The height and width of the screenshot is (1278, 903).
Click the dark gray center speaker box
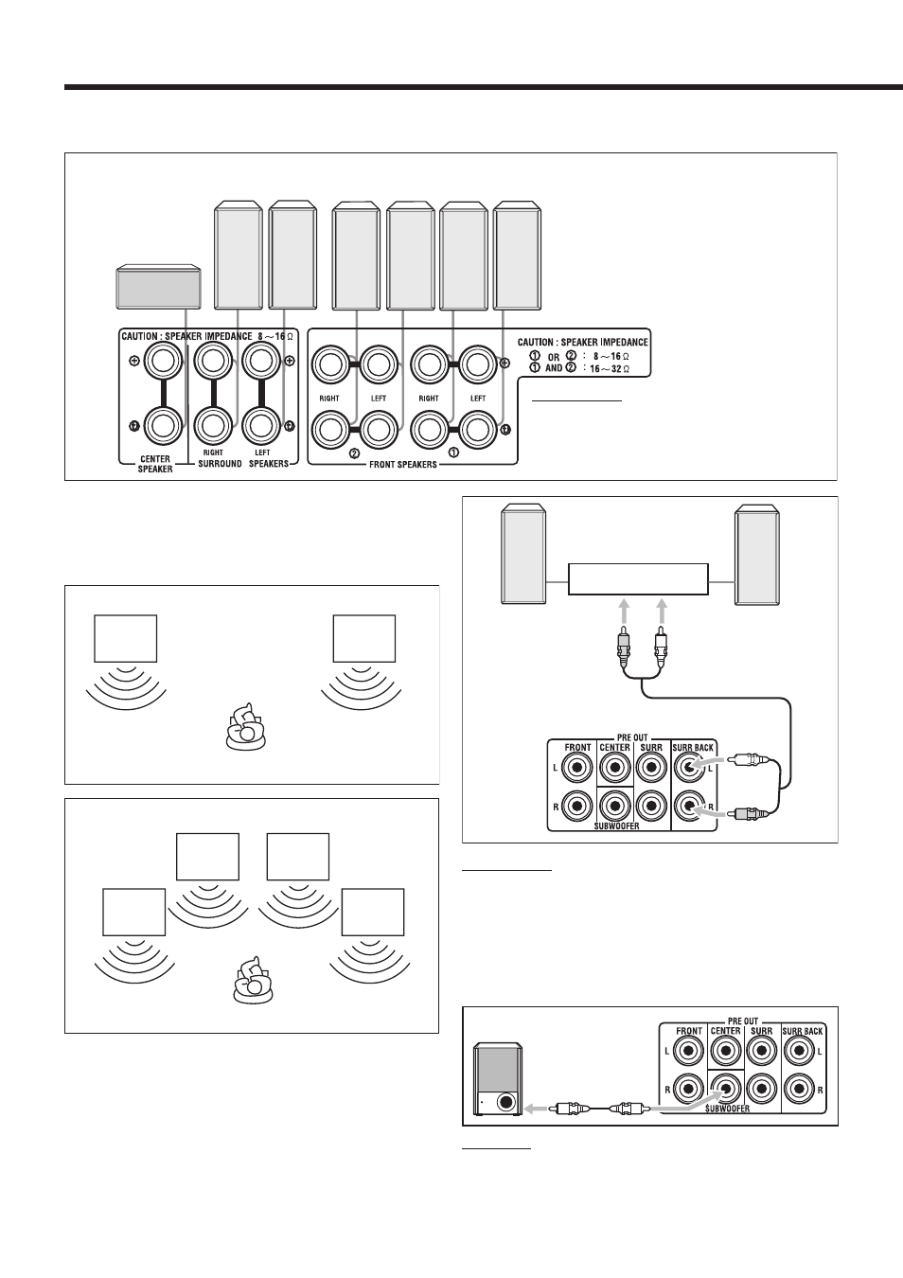[158, 287]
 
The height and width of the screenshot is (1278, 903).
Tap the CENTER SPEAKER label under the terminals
[155, 464]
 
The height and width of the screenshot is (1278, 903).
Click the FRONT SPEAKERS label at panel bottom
[402, 465]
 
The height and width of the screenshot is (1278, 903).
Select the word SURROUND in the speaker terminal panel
[220, 463]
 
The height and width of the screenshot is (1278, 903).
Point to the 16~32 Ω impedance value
[610, 368]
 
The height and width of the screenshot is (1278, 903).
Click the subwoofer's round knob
[506, 1101]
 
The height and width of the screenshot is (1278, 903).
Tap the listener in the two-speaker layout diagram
[246, 726]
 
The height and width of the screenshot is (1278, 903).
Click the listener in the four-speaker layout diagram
[254, 980]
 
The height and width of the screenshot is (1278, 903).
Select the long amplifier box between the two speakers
[638, 579]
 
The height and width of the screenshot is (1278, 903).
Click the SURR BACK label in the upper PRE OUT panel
[693, 748]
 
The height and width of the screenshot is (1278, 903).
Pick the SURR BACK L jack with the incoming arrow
[688, 768]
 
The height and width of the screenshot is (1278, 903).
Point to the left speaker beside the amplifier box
[523, 554]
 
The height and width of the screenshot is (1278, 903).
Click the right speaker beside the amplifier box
[757, 555]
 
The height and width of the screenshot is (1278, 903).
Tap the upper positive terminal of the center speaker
[163, 361]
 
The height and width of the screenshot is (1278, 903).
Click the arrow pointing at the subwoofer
[535, 1109]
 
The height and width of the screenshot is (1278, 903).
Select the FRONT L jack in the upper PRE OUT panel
[576, 768]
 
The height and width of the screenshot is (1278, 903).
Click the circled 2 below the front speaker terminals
[354, 453]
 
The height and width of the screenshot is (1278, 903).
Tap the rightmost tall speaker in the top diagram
[517, 255]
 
